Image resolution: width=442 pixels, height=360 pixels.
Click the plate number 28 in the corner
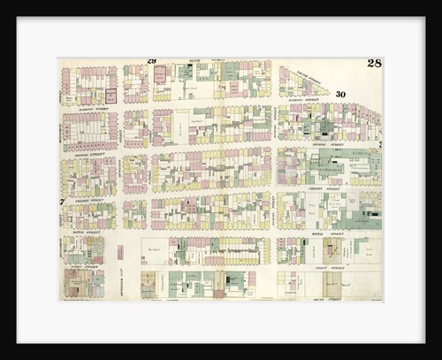tap(374, 64)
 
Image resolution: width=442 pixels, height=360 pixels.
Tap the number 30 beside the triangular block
tap(340, 94)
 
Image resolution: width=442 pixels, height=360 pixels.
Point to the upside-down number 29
tap(151, 61)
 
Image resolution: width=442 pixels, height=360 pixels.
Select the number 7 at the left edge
tap(62, 202)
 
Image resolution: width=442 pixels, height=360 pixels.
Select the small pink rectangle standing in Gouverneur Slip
tap(119, 252)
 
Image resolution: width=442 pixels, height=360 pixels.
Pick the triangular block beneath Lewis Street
tap(301, 84)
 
